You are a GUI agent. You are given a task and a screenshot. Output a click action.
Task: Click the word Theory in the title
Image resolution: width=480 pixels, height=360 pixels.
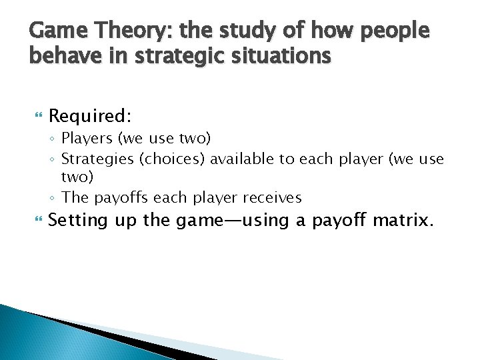pyautogui.click(x=119, y=31)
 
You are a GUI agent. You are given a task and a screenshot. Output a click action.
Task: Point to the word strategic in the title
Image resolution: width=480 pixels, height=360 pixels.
pyautogui.click(x=173, y=57)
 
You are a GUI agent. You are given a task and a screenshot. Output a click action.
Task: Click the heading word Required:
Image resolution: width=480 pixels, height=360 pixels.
pyautogui.click(x=90, y=116)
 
